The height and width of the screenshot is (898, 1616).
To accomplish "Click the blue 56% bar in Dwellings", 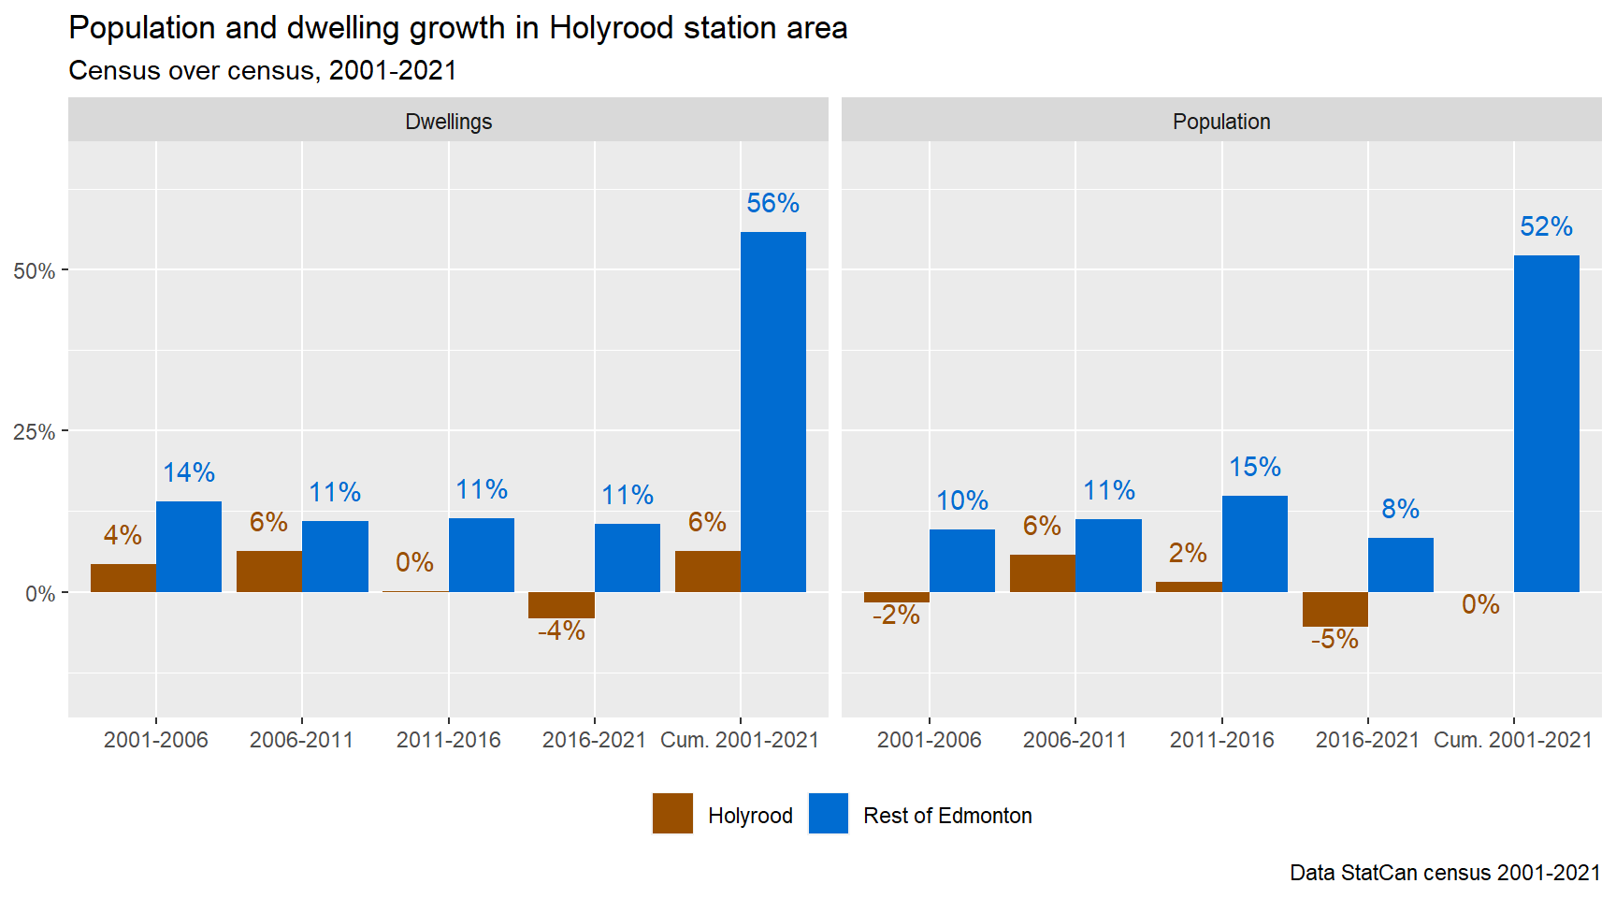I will pyautogui.click(x=772, y=412).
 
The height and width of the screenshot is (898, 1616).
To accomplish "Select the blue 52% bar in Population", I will pyautogui.click(x=1546, y=423).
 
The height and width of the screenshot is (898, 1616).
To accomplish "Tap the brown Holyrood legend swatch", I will pyautogui.click(x=672, y=813).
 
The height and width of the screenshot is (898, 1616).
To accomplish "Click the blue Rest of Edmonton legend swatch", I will pyautogui.click(x=828, y=813).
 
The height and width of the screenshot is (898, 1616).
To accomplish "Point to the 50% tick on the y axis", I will pyautogui.click(x=35, y=271).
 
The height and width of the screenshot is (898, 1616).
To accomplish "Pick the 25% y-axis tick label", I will pyautogui.click(x=35, y=432).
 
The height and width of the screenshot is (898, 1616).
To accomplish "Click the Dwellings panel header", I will pyautogui.click(x=448, y=122).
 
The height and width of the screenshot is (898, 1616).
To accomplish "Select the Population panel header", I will pyautogui.click(x=1221, y=122).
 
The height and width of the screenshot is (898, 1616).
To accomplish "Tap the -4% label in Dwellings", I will pyautogui.click(x=561, y=631).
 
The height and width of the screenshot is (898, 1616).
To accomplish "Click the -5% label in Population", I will pyautogui.click(x=1335, y=640).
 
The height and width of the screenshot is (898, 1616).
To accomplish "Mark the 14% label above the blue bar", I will pyautogui.click(x=189, y=472).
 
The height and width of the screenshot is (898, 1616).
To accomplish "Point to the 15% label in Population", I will pyautogui.click(x=1254, y=467).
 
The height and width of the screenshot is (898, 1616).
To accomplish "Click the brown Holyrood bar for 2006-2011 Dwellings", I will pyautogui.click(x=269, y=572).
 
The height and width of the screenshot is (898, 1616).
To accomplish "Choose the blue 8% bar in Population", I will pyautogui.click(x=1400, y=565).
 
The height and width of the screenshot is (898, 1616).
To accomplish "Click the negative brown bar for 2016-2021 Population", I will pyautogui.click(x=1335, y=609).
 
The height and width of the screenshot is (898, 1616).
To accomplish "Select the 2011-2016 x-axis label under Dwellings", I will pyautogui.click(x=448, y=740).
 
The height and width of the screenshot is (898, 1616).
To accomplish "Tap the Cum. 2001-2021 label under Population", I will pyautogui.click(x=1512, y=740).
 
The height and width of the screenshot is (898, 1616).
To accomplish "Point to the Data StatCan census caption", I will pyautogui.click(x=1444, y=873).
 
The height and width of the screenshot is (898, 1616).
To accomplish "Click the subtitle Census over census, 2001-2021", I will pyautogui.click(x=263, y=71).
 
